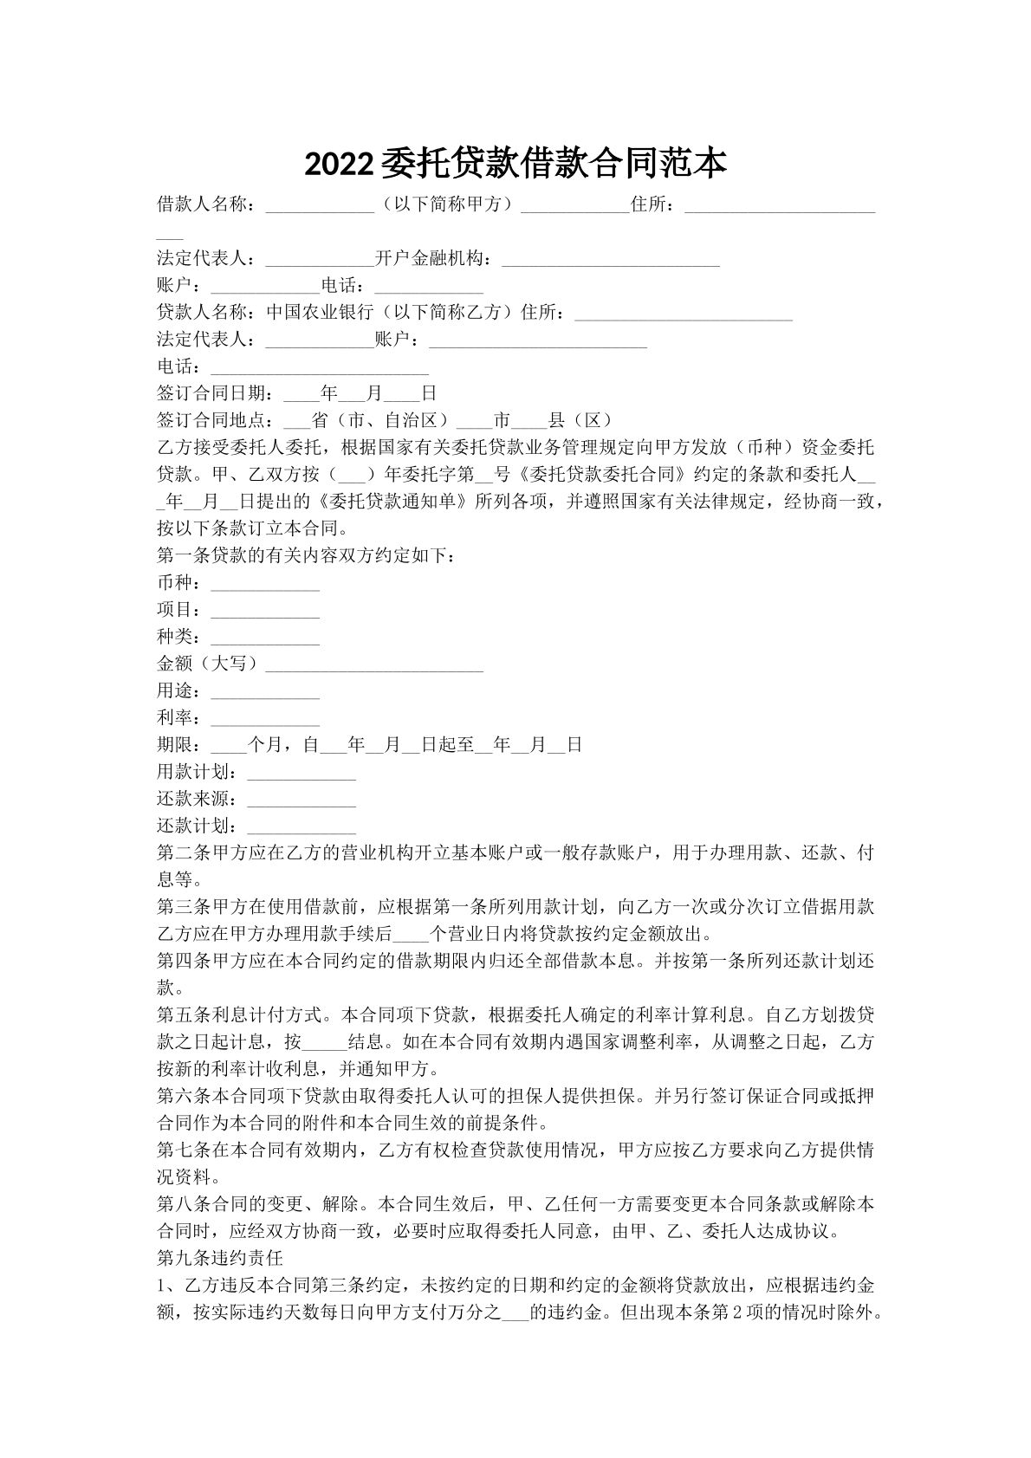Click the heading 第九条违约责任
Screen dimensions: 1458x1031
click(x=220, y=1256)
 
